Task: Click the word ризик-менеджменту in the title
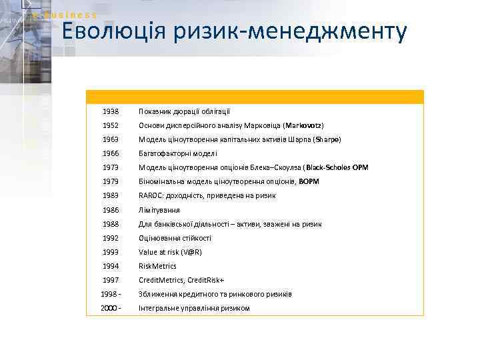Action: point(294,32)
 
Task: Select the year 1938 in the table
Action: point(111,111)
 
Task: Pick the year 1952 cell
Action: point(111,125)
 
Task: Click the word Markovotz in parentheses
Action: point(303,125)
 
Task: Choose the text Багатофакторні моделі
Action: point(173,153)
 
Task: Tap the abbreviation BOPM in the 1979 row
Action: point(309,181)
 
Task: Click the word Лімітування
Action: point(159,210)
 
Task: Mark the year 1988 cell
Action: point(111,224)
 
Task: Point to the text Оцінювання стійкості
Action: point(175,238)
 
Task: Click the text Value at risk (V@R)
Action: point(170,252)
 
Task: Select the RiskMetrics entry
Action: point(157,266)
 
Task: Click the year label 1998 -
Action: point(111,294)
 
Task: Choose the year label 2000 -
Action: point(111,308)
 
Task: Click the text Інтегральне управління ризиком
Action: point(194,308)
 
